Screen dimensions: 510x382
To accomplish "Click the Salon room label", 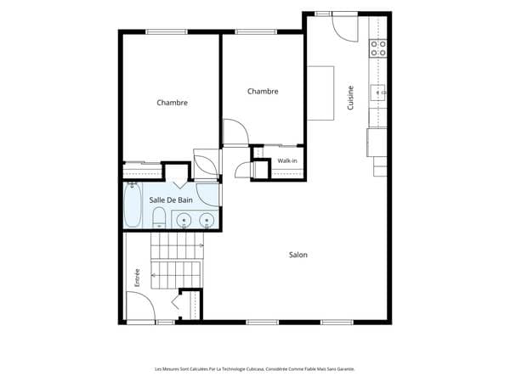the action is point(298,255).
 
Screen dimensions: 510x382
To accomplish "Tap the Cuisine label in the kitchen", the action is point(350,98).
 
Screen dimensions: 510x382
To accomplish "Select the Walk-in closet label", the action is point(287,160).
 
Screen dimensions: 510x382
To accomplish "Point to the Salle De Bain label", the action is point(171,200).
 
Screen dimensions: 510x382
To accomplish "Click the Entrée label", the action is point(137,278).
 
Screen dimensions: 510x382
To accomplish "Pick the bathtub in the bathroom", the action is point(133,205).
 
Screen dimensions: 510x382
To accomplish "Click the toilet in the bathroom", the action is point(159,218).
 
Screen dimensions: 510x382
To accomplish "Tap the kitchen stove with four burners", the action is point(378,48).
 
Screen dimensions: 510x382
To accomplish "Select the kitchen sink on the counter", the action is point(378,93).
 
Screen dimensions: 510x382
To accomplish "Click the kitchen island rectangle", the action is point(320,93).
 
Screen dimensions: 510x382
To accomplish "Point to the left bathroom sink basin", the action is point(184,221).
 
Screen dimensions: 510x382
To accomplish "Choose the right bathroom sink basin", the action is point(207,221).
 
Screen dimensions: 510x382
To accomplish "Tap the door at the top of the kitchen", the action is point(345,29).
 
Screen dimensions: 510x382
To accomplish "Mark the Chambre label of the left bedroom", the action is point(172,103).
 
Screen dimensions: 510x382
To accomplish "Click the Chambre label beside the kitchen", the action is point(263,92).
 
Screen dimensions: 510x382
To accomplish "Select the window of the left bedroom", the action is point(167,32).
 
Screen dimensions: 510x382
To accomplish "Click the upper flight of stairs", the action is point(178,245).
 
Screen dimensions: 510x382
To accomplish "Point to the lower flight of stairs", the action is point(177,275).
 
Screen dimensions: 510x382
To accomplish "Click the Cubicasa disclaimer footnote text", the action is point(255,369).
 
